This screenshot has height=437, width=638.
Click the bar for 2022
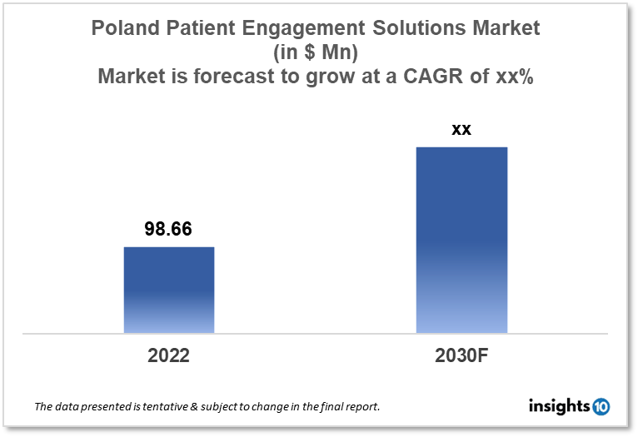pos(169,290)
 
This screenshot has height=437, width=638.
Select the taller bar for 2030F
pos(461,240)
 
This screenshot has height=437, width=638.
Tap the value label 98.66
pos(168,229)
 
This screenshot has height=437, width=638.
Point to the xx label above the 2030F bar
pos(461,129)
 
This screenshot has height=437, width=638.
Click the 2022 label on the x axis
pos(169,355)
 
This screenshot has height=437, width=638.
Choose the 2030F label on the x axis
pos(461,355)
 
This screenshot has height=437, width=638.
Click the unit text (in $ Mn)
pos(319,52)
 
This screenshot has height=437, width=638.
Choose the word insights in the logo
pos(559,406)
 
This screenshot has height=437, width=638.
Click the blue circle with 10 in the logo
pos(601,407)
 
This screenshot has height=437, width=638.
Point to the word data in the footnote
pos(68,407)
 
